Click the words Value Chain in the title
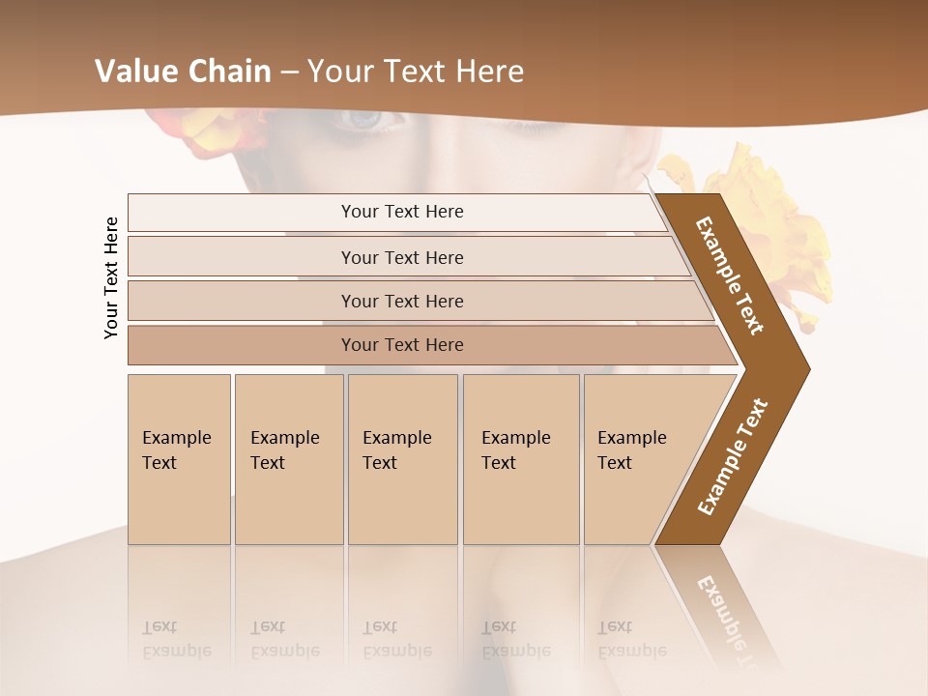point(183,72)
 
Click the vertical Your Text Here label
point(111,277)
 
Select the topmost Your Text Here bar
point(401,212)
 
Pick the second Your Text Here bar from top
point(401,257)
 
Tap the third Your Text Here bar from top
point(401,301)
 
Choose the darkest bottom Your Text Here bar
point(401,345)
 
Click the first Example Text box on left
point(179,459)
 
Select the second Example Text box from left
point(288,459)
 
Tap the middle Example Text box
point(402,459)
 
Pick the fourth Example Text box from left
point(521,459)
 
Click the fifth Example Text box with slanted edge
point(638,459)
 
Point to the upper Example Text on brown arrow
point(730,275)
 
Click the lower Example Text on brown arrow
point(733,456)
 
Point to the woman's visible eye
point(364,119)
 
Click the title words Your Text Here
point(416,72)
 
